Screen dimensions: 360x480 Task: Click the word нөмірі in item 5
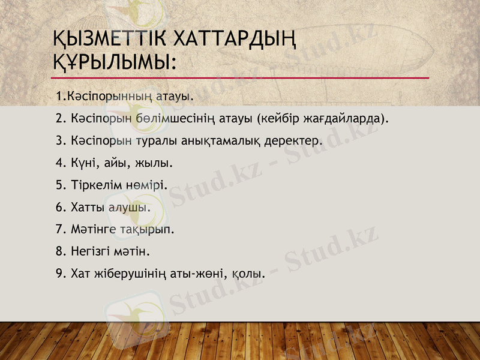tap(146, 185)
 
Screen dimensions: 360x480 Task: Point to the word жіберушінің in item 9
tap(126, 274)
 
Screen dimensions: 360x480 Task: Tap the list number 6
tap(59, 207)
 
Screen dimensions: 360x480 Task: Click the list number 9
tap(59, 274)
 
